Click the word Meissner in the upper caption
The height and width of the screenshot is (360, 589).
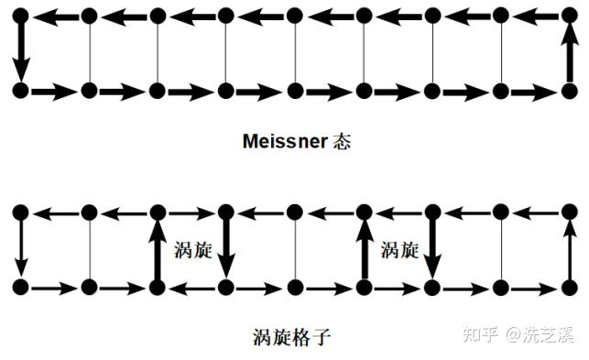285,142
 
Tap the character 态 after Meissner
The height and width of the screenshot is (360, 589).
342,142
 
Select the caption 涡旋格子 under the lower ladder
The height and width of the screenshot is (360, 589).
292,336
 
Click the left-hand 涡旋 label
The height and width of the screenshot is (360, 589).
193,250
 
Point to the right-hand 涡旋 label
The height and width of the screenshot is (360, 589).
399,250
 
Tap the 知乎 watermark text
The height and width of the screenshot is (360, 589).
480,334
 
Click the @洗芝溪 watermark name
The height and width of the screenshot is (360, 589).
540,334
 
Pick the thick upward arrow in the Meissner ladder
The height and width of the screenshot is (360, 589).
570,52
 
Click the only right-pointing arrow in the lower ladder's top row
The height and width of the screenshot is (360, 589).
191,213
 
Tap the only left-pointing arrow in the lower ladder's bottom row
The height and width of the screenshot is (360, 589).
192,289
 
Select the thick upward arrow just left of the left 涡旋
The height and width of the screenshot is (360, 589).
158,250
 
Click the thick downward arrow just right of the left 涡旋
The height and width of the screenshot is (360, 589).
226,249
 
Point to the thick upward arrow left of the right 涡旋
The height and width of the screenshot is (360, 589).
364,250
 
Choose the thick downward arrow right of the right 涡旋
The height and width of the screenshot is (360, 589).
433,249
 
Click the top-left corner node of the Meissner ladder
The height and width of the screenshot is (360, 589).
21,16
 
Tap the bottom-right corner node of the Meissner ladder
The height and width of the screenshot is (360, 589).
570,91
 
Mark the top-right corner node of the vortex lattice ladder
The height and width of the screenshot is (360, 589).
570,213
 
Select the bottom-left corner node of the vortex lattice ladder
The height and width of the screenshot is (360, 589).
21,288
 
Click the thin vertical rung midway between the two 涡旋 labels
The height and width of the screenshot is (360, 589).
295,250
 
